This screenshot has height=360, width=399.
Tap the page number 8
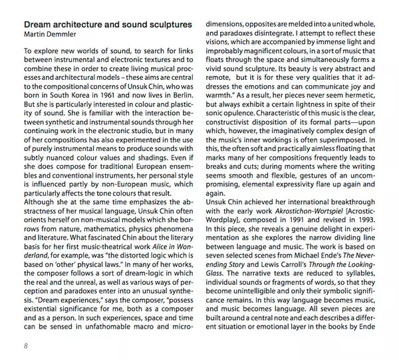pos(25,345)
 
